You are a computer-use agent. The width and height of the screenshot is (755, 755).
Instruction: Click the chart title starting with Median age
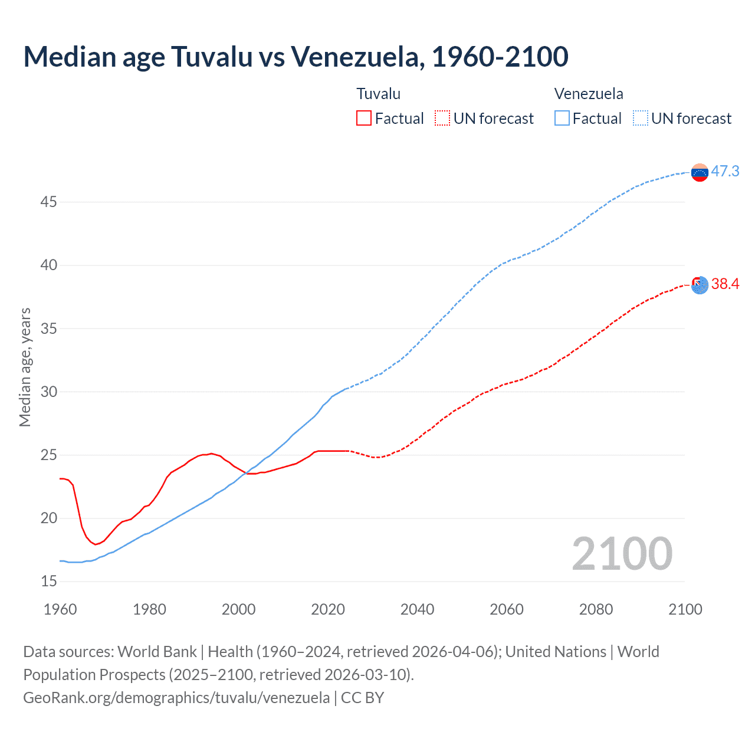(296, 57)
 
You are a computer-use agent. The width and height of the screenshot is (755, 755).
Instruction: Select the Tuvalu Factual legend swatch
(364, 119)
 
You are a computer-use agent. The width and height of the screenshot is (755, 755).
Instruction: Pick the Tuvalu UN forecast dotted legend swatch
(442, 119)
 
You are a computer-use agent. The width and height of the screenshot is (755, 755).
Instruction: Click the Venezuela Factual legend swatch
(562, 119)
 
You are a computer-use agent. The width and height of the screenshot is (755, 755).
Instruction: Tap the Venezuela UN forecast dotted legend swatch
(641, 119)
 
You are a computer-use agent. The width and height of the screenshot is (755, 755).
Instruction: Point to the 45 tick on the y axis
(49, 202)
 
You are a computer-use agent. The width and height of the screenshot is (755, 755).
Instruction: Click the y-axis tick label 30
(49, 392)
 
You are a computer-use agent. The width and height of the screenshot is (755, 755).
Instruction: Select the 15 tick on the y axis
(49, 582)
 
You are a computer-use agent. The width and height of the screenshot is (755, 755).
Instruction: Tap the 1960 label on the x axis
(60, 609)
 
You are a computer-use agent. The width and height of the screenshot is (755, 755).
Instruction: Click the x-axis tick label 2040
(417, 609)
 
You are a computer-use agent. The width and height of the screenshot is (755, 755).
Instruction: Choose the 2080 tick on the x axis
(596, 609)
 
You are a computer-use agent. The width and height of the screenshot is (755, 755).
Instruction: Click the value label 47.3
(725, 172)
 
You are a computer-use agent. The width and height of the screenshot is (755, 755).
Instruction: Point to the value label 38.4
(725, 284)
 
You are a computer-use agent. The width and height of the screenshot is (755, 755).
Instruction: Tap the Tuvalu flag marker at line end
(700, 285)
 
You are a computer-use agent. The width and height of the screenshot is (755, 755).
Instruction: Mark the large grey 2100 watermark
(622, 554)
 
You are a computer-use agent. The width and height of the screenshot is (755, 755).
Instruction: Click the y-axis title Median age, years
(25, 367)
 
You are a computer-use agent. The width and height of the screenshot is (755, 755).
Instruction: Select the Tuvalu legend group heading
(379, 94)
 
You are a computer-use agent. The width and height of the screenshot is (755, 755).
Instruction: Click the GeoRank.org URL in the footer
(176, 698)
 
